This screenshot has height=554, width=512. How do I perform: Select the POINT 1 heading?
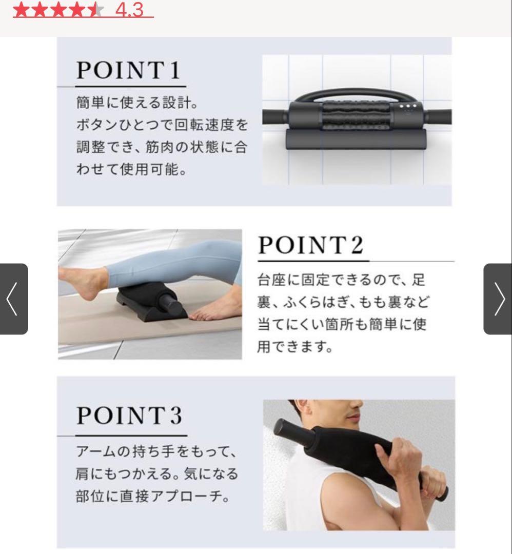pyautogui.click(x=129, y=70)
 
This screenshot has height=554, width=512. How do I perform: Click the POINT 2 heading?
pyautogui.click(x=311, y=245)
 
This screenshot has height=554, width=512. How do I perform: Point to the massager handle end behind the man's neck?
pyautogui.click(x=287, y=431)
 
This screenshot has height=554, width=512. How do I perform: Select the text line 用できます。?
pyautogui.click(x=294, y=347)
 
